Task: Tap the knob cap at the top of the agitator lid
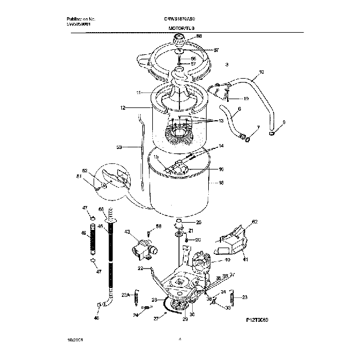[x=180, y=38]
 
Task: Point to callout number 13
[x=221, y=121]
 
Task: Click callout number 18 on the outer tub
[x=222, y=182]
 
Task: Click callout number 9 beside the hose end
[x=284, y=122]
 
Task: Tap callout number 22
[x=141, y=268]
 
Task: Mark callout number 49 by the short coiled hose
[x=84, y=233]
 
